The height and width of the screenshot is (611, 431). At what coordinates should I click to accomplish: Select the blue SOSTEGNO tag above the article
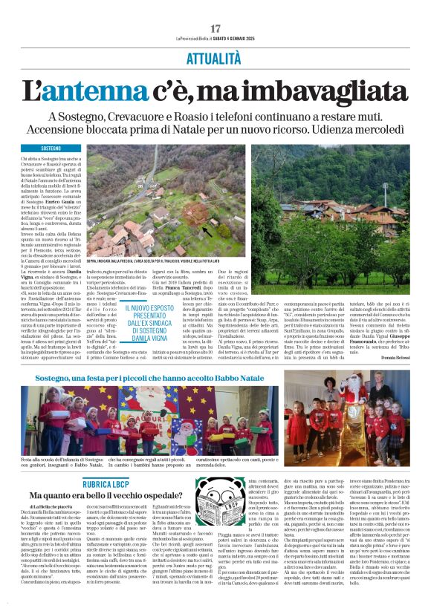51,149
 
